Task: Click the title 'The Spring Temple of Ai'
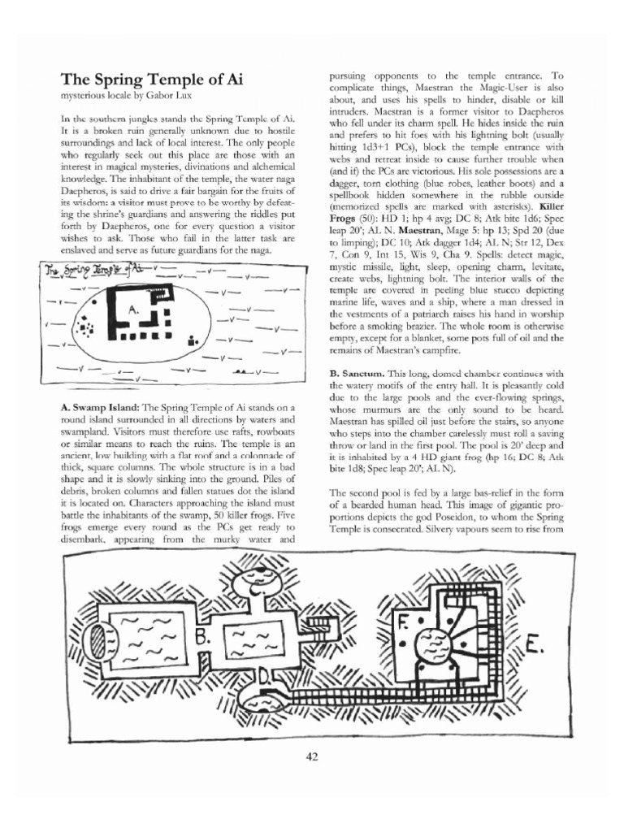152,80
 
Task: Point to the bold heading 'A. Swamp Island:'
101,405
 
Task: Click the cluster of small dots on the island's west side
84,329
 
